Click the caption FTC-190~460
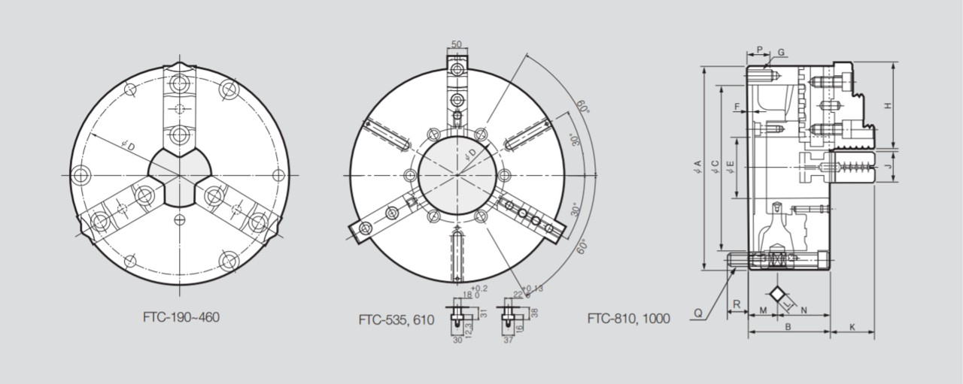181,317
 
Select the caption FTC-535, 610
396,319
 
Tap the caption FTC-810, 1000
628,318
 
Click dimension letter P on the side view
760,50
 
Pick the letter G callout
782,52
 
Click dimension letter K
852,327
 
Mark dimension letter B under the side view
788,327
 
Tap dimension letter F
737,107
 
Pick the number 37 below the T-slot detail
509,340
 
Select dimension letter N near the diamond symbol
804,310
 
